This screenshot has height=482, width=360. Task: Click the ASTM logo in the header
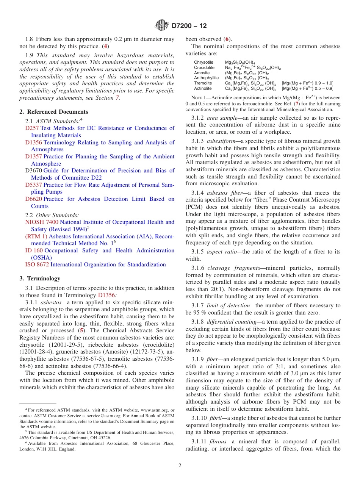coord(162,26)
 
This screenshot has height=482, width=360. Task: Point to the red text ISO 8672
coord(37,264)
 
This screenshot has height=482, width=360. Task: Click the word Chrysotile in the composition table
coord(203,63)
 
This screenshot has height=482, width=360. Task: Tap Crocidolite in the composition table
coord(204,68)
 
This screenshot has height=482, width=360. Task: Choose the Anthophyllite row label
coord(206,78)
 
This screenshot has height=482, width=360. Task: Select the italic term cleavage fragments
coord(231,268)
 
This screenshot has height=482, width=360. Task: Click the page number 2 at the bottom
coord(180,466)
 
